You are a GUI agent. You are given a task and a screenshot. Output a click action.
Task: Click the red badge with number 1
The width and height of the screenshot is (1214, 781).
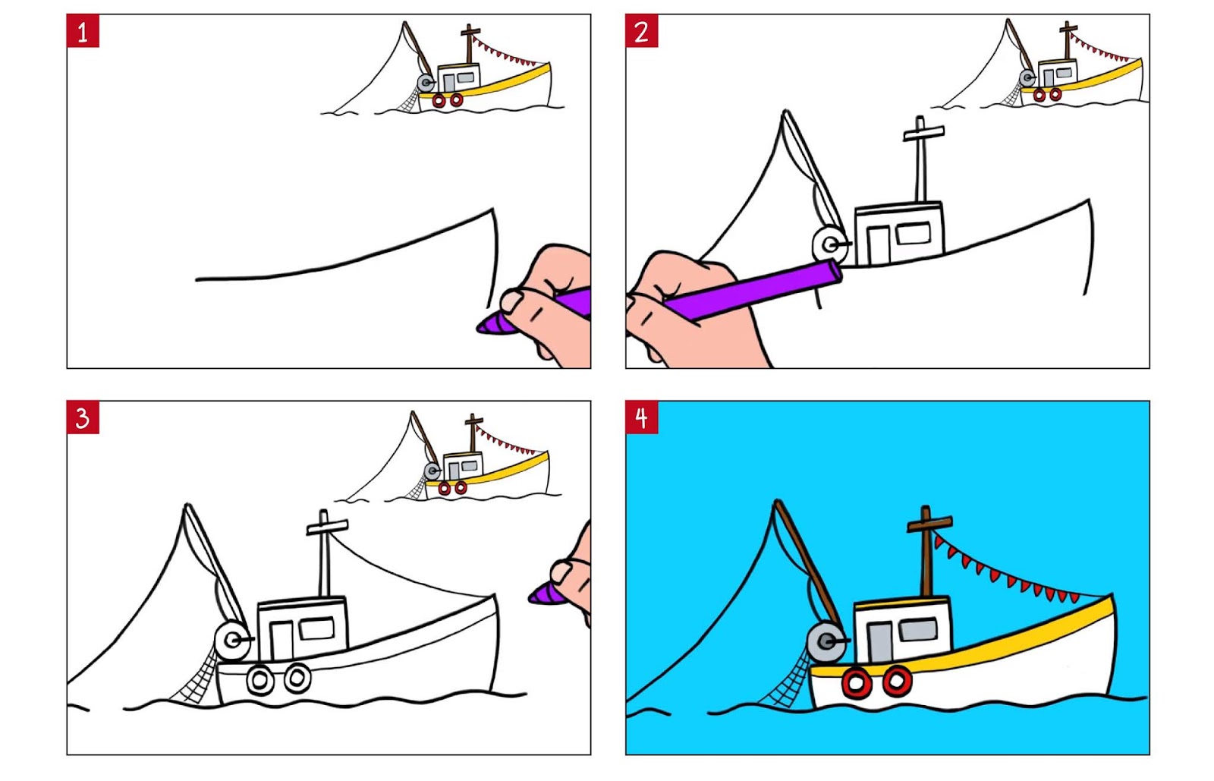83,31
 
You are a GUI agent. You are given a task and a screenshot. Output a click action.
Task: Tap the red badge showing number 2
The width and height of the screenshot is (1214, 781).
642,31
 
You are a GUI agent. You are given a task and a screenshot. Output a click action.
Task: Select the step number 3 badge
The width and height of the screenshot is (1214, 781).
83,417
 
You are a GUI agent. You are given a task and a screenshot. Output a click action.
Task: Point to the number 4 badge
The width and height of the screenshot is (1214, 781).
642,417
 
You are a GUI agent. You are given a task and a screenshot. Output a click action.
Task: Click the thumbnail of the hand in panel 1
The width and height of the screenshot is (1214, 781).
513,301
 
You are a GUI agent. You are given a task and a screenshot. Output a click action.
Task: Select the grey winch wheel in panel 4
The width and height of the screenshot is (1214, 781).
826,643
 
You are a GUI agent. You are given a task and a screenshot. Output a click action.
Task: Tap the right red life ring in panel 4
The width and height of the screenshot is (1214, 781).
897,681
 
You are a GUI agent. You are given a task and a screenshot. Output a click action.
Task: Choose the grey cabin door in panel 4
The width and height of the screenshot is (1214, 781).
879,642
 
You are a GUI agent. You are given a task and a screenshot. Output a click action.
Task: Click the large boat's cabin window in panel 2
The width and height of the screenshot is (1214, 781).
914,233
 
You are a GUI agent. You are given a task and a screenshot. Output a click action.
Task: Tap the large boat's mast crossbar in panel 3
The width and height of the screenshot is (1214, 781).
327,527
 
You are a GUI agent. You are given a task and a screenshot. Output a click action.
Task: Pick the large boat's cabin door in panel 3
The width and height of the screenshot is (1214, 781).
281,641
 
